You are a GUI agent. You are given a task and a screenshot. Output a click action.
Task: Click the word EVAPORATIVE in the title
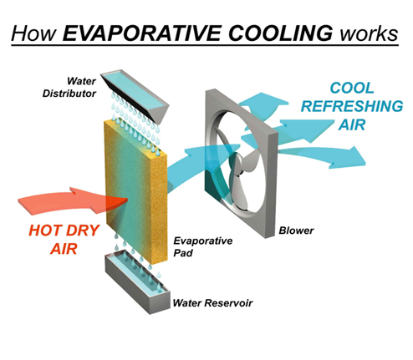(142, 33)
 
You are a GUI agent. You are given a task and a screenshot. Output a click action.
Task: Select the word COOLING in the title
(280, 33)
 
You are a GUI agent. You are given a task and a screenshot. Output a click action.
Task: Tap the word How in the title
(34, 33)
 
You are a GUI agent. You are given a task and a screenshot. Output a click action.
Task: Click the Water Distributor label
(69, 87)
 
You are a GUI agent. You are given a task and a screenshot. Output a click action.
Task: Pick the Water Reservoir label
(212, 302)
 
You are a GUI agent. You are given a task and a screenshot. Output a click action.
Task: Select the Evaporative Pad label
(202, 246)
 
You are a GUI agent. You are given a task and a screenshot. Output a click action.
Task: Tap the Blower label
(296, 231)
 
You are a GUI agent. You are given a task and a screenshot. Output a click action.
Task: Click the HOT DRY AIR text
(64, 239)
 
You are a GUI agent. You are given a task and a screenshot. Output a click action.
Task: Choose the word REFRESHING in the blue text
(352, 106)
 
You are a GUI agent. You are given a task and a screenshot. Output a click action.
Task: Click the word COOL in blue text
(352, 88)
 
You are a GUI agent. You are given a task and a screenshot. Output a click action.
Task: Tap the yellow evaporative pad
(135, 192)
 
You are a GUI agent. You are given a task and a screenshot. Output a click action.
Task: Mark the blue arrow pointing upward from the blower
(261, 107)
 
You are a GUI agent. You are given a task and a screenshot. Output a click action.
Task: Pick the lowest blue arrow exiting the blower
(320, 156)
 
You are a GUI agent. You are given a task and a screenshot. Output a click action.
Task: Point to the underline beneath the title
(205, 44)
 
